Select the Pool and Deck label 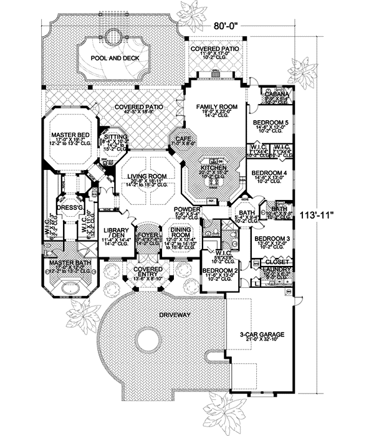(x=114, y=58)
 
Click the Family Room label (x=217, y=107)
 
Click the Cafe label (x=183, y=139)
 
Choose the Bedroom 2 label (x=217, y=270)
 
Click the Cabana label (x=276, y=94)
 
